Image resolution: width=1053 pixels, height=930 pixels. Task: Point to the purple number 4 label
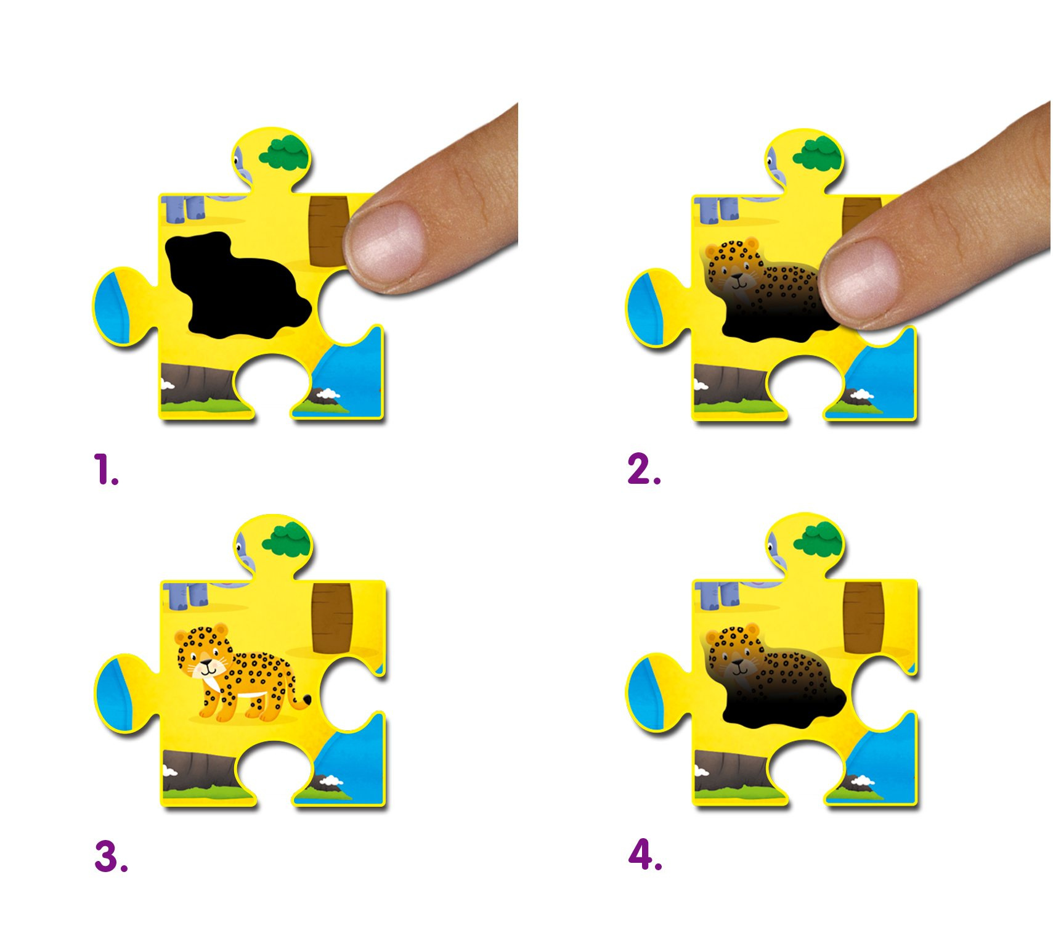click(645, 855)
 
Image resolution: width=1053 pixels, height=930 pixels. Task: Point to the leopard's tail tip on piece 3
click(306, 700)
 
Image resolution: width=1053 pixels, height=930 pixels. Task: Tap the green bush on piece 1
click(284, 153)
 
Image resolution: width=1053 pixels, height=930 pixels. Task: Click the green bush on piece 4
click(817, 538)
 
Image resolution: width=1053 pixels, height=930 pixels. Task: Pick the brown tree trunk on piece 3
click(331, 618)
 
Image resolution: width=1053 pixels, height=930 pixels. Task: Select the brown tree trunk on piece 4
click(864, 617)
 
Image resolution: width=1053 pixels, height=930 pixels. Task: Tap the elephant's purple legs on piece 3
click(187, 596)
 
